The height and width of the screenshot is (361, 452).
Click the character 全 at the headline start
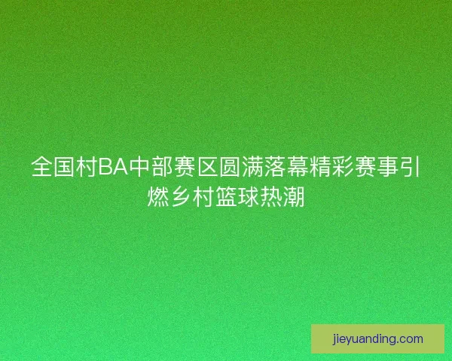[x=41, y=167]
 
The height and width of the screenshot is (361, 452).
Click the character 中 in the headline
[x=140, y=167]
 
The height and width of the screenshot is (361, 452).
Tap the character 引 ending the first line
[x=411, y=167]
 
